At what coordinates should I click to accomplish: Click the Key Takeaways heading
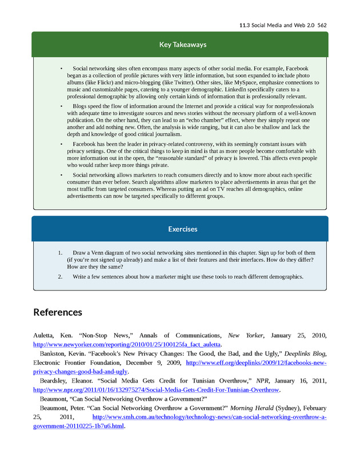pyautogui.click(x=179, y=45)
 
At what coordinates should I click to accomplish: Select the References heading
pyautogui.click(x=58, y=312)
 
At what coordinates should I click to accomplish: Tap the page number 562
pyautogui.click(x=322, y=25)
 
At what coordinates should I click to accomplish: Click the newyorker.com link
pyautogui.click(x=127, y=345)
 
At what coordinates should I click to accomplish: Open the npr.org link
pyautogui.click(x=157, y=390)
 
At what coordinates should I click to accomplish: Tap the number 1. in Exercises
pyautogui.click(x=60, y=252)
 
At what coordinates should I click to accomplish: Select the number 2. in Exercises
pyautogui.click(x=60, y=276)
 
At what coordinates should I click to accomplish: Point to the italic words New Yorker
pyautogui.click(x=242, y=336)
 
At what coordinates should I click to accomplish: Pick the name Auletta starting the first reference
pyautogui.click(x=46, y=336)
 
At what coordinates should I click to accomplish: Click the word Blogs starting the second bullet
pyautogui.click(x=81, y=106)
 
